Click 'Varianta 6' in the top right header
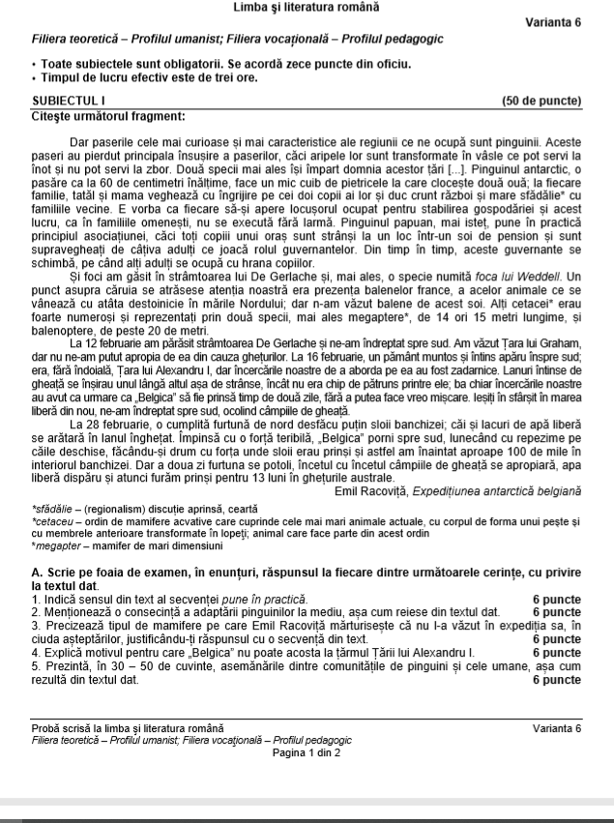[x=553, y=22]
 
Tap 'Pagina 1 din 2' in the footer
[x=307, y=751]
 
